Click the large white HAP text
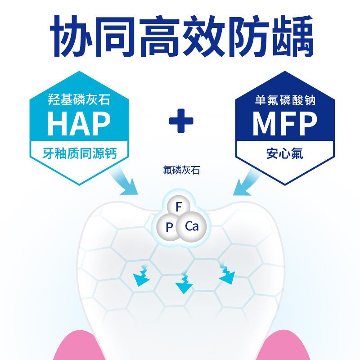(x=79, y=124)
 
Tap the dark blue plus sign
(x=181, y=120)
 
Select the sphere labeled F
(x=179, y=207)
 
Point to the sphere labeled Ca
(x=192, y=226)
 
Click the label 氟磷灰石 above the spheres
(x=181, y=170)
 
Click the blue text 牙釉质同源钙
(x=79, y=153)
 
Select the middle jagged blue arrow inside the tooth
(x=183, y=283)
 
